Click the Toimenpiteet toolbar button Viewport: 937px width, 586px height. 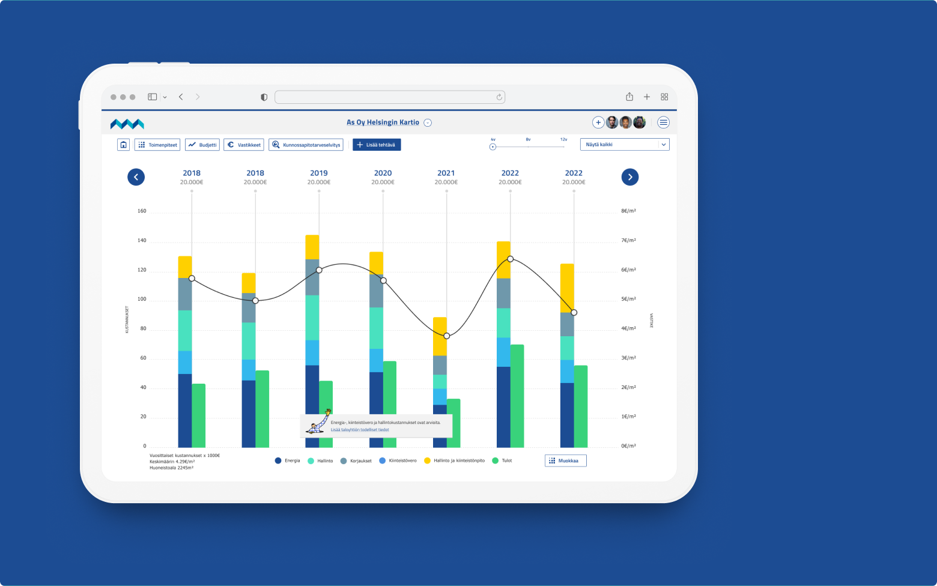157,145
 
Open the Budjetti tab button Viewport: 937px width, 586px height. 202,145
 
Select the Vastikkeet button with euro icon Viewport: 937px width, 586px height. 244,145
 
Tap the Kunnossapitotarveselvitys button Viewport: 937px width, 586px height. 306,145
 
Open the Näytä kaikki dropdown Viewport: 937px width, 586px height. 624,145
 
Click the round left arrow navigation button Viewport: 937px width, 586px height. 136,177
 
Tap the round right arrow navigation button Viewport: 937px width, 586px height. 629,177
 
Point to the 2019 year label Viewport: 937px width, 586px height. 319,173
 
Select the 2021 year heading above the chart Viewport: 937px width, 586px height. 446,173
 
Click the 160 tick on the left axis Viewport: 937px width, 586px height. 142,211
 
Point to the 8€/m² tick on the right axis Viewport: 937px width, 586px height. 628,211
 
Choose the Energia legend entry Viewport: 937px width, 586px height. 288,461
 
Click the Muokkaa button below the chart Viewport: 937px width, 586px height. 565,461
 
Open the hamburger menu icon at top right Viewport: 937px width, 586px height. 663,122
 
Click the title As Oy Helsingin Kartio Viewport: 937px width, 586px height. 383,122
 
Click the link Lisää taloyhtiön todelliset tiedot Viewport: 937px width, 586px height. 360,430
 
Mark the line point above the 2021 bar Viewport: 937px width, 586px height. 447,336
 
